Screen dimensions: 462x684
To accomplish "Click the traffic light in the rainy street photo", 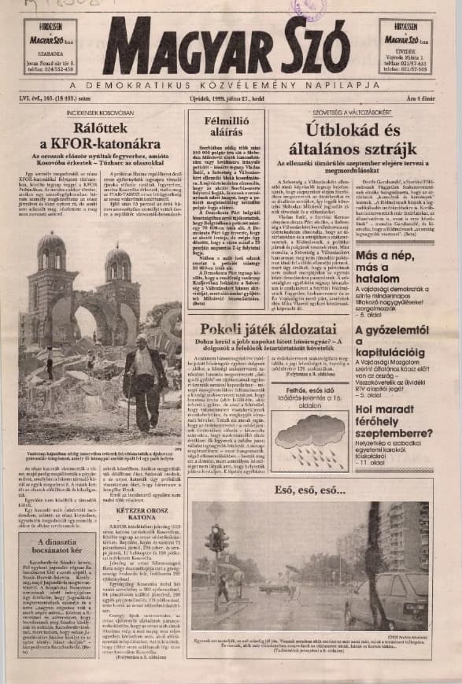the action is [x=214, y=538].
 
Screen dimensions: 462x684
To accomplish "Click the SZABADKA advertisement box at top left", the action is [x=50, y=46].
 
